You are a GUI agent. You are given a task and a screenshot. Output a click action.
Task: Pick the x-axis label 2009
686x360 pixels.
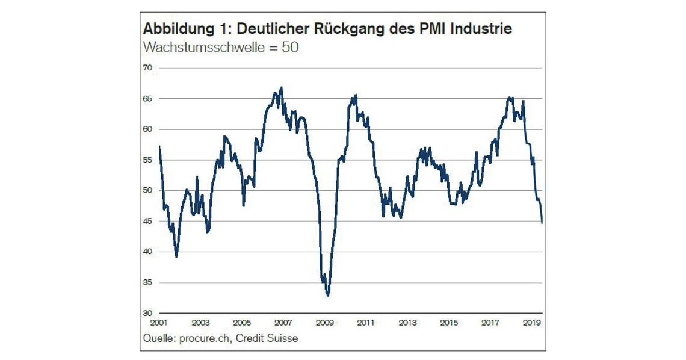pyautogui.click(x=325, y=323)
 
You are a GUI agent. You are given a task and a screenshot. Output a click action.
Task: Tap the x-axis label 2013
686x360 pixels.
pyautogui.click(x=407, y=323)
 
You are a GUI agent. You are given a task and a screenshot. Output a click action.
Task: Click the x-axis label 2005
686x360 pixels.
pyautogui.click(x=242, y=323)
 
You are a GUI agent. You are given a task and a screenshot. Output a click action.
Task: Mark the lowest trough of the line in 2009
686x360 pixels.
pyautogui.click(x=328, y=296)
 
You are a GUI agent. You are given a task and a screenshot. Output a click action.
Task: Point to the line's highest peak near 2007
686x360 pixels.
pyautogui.click(x=281, y=88)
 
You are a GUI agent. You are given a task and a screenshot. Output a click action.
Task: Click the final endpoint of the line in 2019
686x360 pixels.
pyautogui.click(x=542, y=223)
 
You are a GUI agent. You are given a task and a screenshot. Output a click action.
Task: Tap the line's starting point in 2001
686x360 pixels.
pyautogui.click(x=159, y=146)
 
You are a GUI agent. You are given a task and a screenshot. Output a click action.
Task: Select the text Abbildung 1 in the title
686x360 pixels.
pyautogui.click(x=179, y=29)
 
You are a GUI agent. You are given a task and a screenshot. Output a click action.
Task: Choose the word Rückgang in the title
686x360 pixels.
pyautogui.click(x=347, y=29)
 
